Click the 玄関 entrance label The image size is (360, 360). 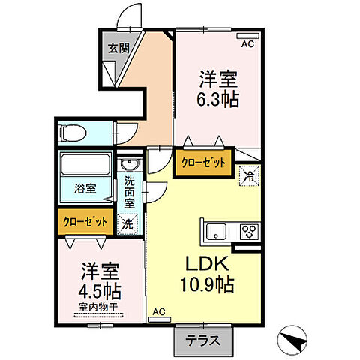116,49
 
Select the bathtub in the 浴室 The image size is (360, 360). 85,165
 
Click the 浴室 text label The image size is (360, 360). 84,189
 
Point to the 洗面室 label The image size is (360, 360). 130,191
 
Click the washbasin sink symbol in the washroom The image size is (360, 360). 128,166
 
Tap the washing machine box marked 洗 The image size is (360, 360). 128,223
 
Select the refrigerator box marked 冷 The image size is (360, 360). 248,177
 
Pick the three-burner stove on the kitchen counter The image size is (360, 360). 248,231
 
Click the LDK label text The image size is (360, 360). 205,264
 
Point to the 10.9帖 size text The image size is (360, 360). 205,285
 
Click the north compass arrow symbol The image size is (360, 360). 295,341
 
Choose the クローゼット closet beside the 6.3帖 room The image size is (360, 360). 202,163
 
